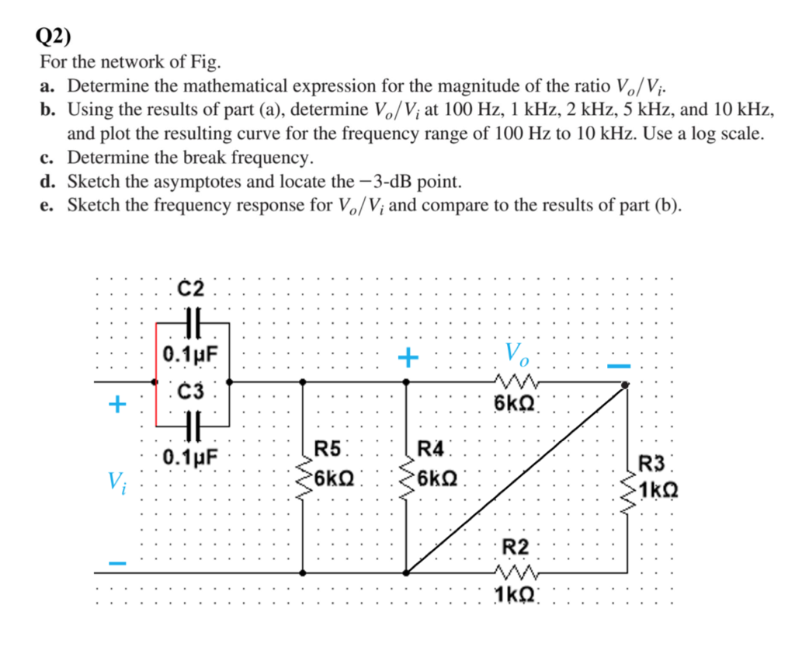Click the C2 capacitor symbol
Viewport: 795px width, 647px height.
pos(192,319)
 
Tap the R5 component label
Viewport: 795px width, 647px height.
pos(328,448)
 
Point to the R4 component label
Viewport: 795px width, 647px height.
pos(431,448)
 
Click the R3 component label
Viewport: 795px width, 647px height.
pos(652,466)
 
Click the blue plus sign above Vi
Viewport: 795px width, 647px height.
pos(116,404)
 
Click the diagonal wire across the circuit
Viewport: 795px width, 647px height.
pos(516,478)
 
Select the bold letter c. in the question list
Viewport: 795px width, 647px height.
pos(47,158)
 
